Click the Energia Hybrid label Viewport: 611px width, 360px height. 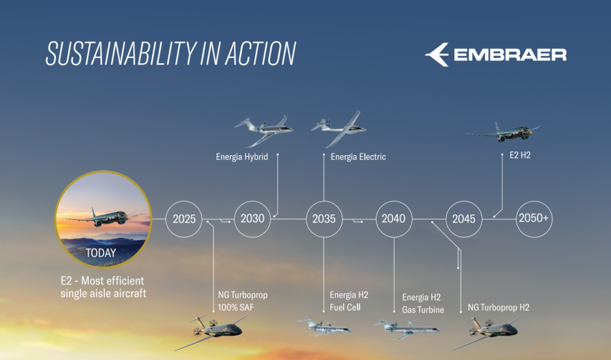click(242, 157)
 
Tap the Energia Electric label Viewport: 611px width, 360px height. click(358, 157)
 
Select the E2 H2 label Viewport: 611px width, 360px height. click(520, 155)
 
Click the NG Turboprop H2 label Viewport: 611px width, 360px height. click(498, 307)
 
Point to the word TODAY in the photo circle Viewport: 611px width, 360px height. click(101, 253)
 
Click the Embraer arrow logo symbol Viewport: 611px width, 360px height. click(437, 54)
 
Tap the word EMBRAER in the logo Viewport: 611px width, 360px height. click(510, 55)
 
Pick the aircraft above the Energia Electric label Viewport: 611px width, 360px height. click(339, 129)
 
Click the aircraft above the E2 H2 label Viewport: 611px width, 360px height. click(502, 133)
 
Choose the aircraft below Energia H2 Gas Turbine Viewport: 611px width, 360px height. click(407, 329)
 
